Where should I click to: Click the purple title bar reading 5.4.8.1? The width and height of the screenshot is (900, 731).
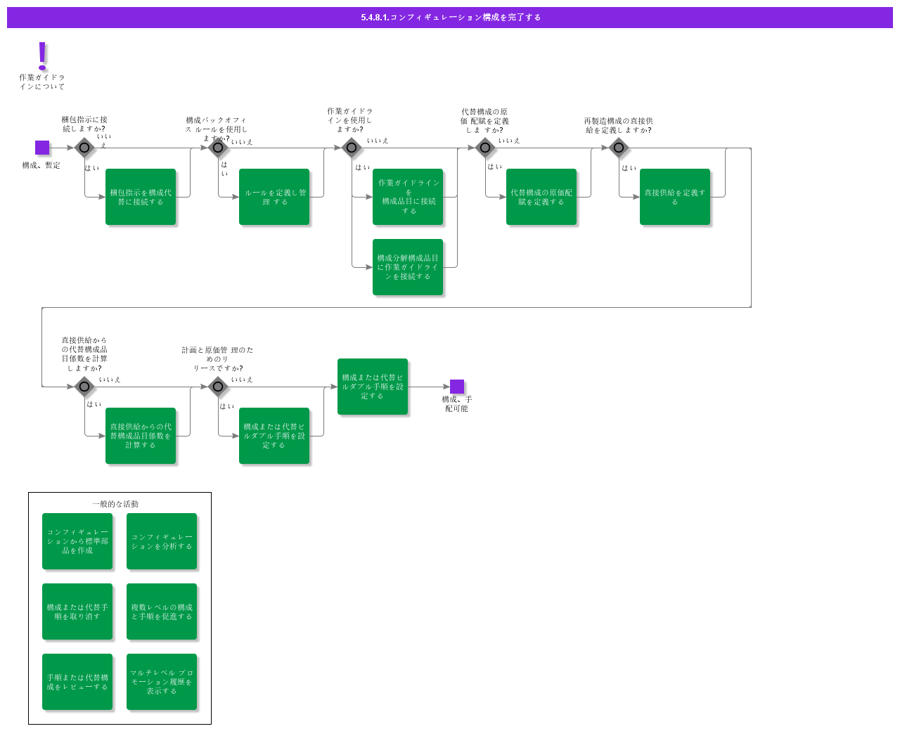tap(450, 18)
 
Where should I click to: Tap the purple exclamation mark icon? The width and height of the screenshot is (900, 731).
tap(42, 56)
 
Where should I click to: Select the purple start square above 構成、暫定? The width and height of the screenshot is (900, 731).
tap(42, 148)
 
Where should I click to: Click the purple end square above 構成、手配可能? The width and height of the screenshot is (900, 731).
tap(457, 387)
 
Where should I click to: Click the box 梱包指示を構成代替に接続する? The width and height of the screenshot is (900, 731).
tap(141, 197)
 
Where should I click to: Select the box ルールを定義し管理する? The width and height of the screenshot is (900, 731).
tap(274, 197)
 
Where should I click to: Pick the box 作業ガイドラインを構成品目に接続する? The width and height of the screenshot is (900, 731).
tap(408, 197)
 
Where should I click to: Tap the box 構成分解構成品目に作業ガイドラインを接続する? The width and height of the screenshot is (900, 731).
tap(408, 267)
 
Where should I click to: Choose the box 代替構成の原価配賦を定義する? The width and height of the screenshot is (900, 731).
tap(541, 197)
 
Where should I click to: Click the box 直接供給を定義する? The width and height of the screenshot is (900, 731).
tap(675, 197)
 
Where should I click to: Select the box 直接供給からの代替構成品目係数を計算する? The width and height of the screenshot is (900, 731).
tap(141, 436)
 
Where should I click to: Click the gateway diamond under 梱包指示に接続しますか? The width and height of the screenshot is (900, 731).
tap(84, 148)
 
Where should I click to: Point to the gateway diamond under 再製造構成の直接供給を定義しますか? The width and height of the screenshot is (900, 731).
tap(619, 148)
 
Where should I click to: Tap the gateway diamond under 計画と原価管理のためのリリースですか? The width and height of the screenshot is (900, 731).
tap(218, 387)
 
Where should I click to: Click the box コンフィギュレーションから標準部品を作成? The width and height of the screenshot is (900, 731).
tap(77, 541)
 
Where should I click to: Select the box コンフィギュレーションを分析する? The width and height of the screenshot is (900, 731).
tap(162, 541)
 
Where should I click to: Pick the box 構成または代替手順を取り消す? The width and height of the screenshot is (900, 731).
tap(77, 612)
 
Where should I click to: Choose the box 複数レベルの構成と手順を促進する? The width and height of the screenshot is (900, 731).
tap(162, 612)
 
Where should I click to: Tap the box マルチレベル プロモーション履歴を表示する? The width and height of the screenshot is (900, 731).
tap(162, 682)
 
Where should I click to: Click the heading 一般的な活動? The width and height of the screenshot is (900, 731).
tap(115, 504)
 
